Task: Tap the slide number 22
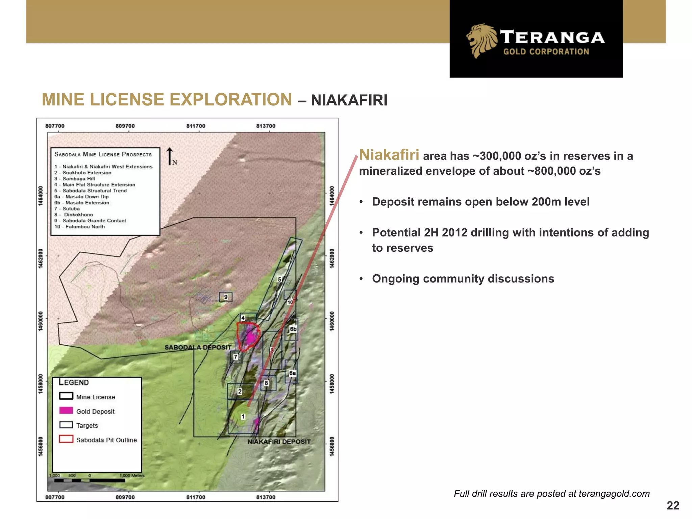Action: (x=673, y=505)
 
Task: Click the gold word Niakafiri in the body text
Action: (x=389, y=155)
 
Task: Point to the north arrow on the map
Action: (x=170, y=156)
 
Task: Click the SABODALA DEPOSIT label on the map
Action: (x=198, y=347)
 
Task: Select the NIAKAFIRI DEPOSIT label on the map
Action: (x=279, y=442)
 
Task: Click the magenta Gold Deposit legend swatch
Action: (x=66, y=411)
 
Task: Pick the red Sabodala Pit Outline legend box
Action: (x=66, y=439)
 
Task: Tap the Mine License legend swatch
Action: (x=66, y=396)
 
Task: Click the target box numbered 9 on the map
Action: (x=226, y=297)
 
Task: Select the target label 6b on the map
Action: (x=293, y=329)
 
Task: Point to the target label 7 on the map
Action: (x=236, y=357)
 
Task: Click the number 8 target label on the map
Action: (x=266, y=383)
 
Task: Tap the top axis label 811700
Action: (x=196, y=126)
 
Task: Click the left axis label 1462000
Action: (x=41, y=258)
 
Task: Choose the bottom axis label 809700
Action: (x=125, y=497)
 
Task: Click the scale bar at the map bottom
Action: (x=90, y=480)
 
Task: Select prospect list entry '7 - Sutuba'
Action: (x=67, y=208)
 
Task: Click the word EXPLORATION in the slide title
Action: (x=231, y=100)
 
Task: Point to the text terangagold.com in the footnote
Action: (x=614, y=494)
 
